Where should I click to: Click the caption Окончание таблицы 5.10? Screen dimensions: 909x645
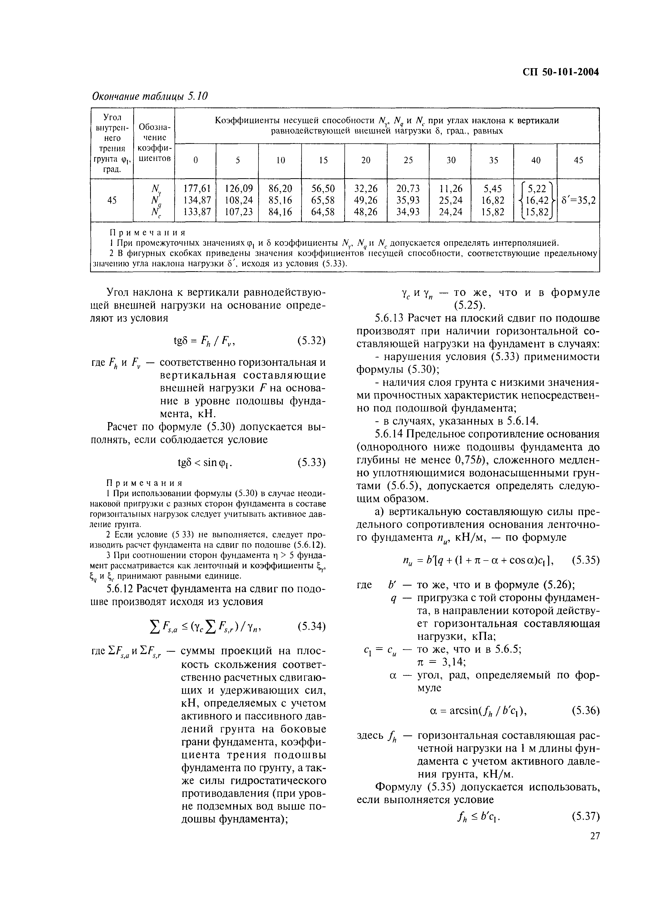click(150, 96)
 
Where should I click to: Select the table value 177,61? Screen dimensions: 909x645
click(195, 188)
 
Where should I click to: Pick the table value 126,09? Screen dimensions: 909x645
click(238, 188)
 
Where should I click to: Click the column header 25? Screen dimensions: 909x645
click(408, 160)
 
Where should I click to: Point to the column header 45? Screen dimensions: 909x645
click(578, 160)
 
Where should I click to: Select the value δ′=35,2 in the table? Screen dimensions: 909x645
click(579, 200)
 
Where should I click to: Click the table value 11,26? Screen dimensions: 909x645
click(450, 188)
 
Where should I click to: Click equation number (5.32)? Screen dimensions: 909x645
click(311, 341)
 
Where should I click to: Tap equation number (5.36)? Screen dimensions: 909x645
click(585, 710)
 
